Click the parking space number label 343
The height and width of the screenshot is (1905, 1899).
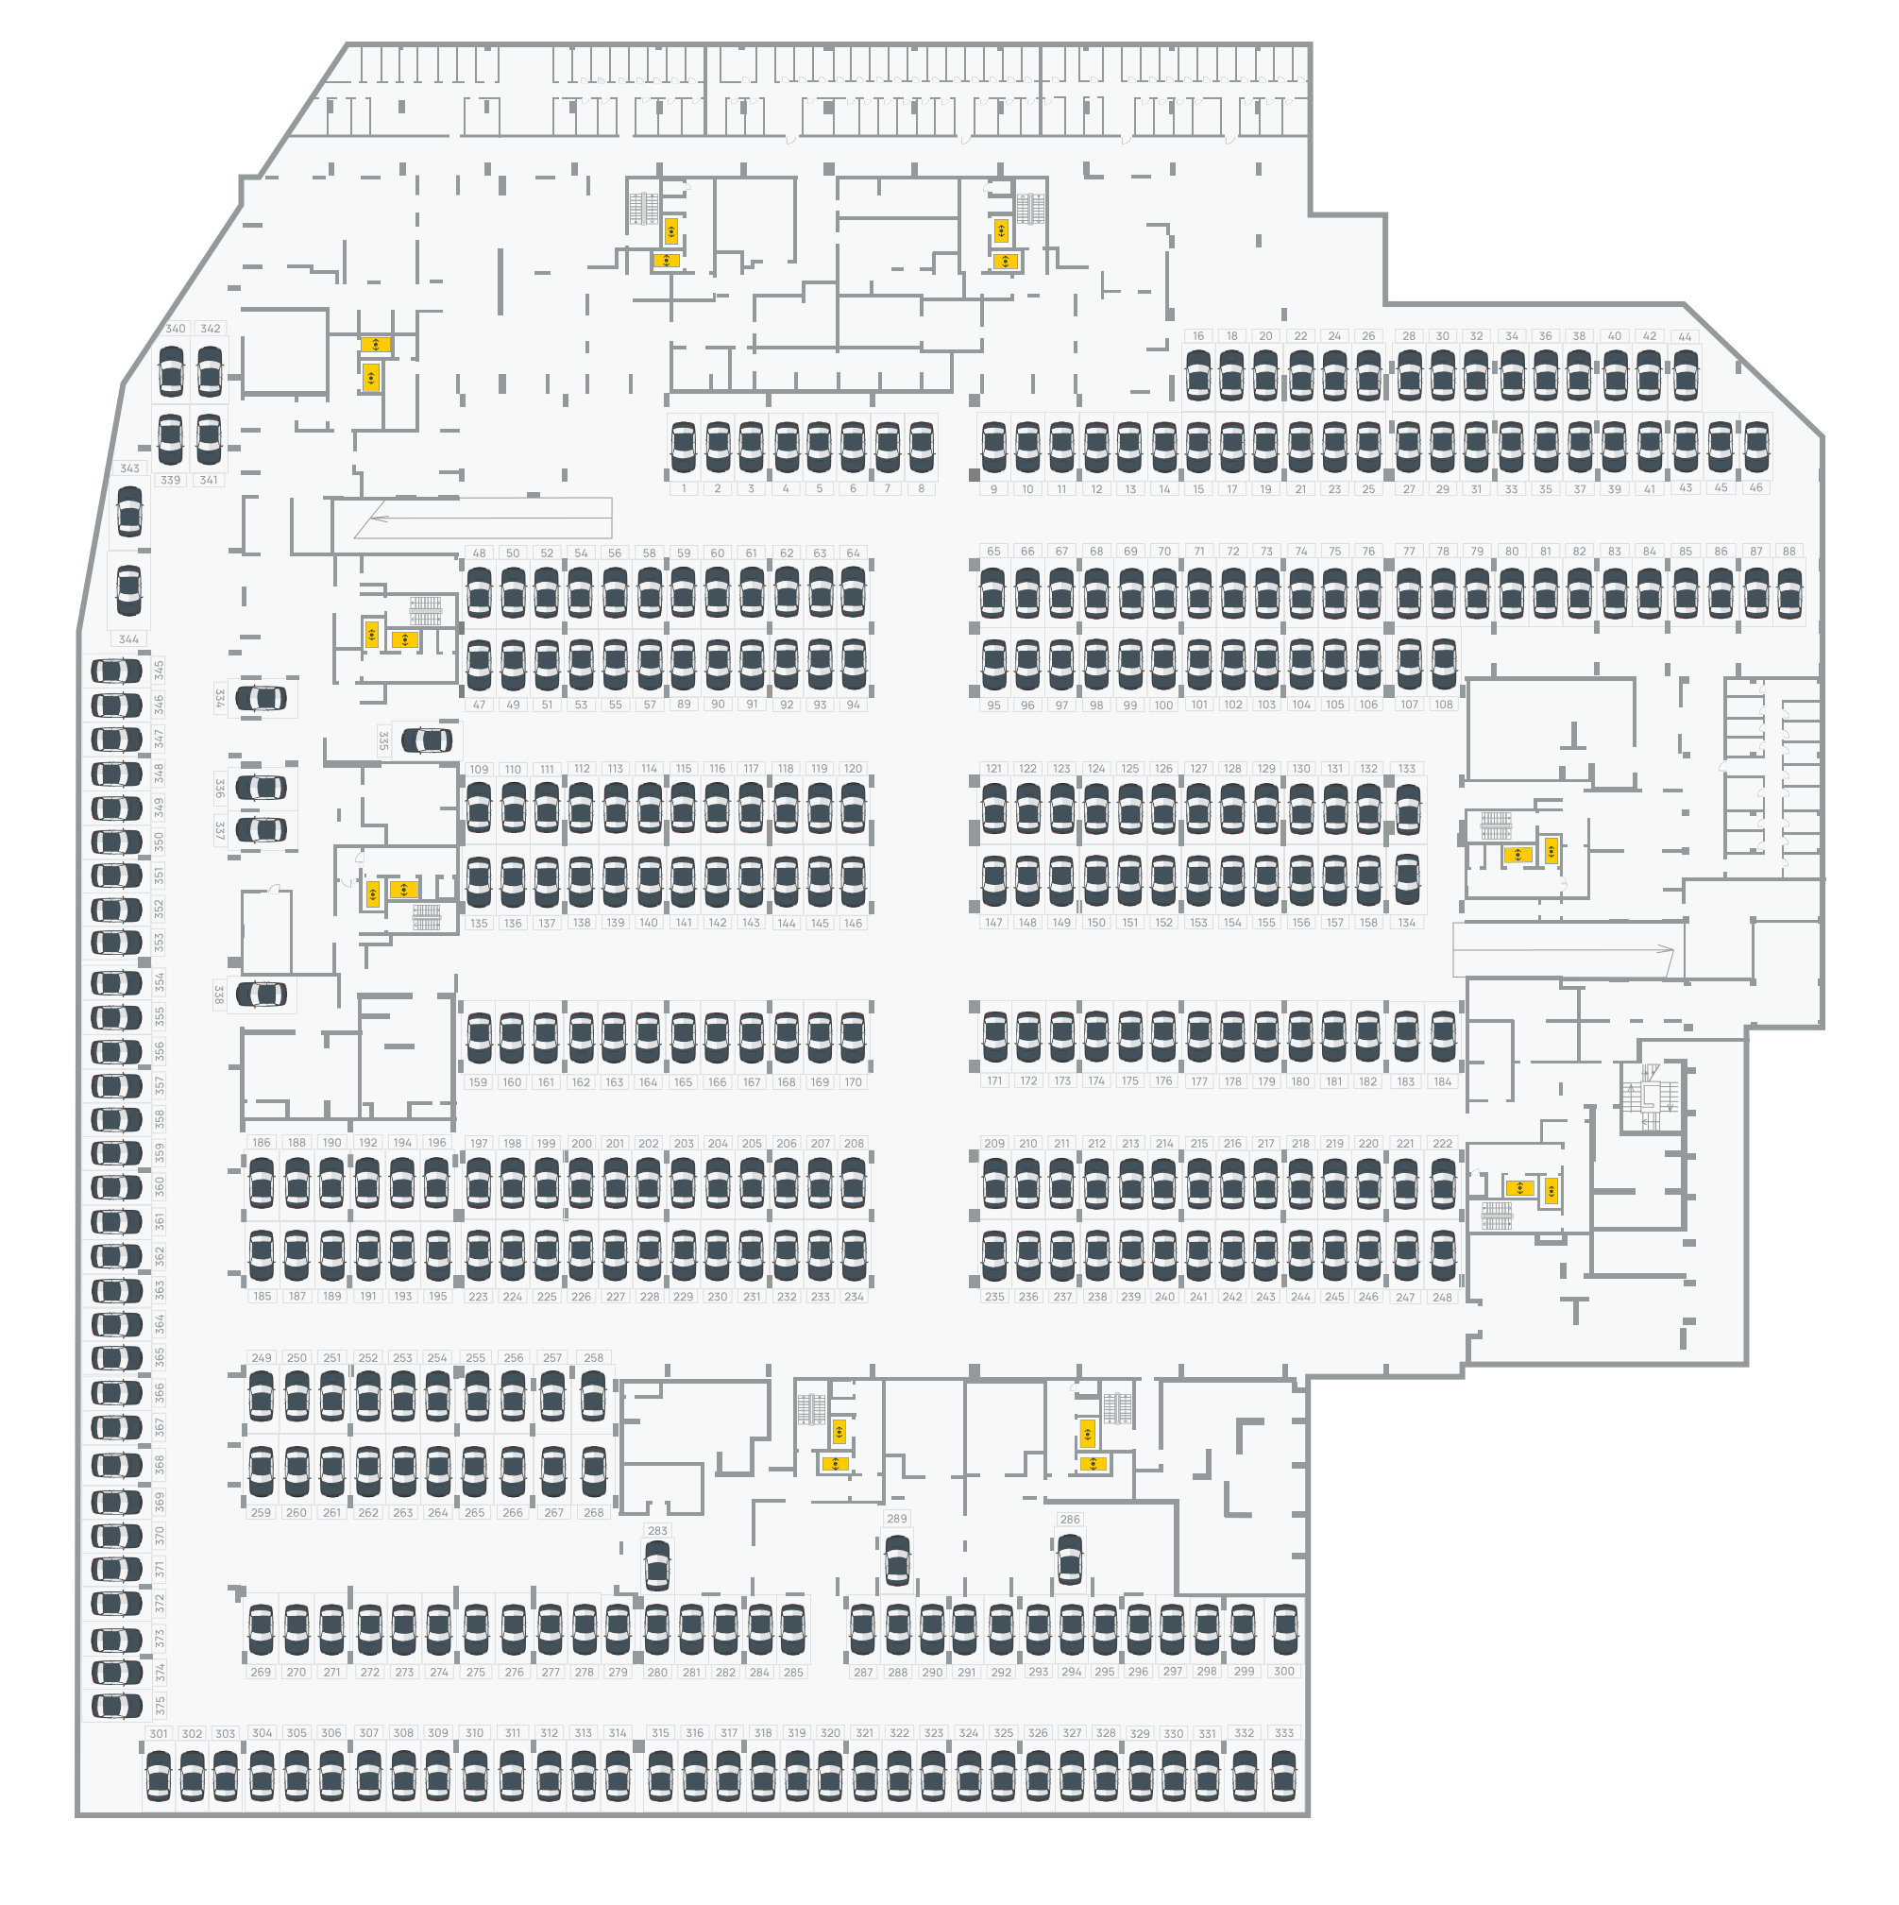(129, 468)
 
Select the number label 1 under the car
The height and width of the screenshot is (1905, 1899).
(684, 489)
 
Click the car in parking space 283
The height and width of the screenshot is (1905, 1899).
(656, 1565)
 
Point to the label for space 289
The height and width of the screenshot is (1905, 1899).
(896, 1519)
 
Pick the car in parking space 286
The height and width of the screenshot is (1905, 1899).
(1070, 1559)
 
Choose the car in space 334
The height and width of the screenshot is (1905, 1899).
(262, 699)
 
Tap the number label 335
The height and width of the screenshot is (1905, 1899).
(383, 740)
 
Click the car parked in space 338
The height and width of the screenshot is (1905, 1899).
(262, 995)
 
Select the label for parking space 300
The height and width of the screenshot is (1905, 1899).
(1283, 1672)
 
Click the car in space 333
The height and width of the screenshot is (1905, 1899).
(1283, 1777)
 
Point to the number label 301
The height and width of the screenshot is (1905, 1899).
(159, 1733)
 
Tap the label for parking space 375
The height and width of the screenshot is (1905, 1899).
(160, 1705)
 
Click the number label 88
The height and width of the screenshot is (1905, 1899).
(1789, 552)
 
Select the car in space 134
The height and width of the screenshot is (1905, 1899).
(1407, 877)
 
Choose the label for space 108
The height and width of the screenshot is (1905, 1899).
(1444, 705)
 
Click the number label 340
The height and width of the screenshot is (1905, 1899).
(176, 329)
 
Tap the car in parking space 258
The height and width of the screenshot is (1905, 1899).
(593, 1397)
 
